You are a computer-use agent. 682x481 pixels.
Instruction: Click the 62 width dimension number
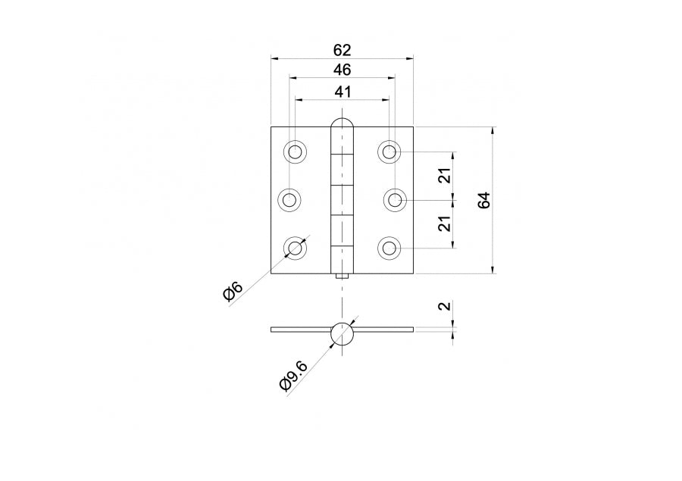coord(343,50)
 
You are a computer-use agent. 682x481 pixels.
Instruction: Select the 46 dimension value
coord(343,70)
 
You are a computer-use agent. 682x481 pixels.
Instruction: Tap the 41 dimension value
coord(343,92)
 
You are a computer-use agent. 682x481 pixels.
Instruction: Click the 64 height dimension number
coord(484,200)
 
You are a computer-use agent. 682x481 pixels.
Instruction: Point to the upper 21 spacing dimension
coord(445,176)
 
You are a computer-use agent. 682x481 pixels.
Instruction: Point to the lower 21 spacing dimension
coord(445,223)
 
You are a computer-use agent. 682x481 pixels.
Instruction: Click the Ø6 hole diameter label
coord(233,292)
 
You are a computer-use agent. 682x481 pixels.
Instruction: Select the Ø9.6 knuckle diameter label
coord(293,376)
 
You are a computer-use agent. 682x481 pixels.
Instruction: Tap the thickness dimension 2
coord(445,307)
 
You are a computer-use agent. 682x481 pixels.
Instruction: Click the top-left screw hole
coord(296,152)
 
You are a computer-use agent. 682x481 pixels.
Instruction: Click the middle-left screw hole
coord(289,200)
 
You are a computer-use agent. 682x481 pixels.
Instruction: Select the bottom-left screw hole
coord(296,248)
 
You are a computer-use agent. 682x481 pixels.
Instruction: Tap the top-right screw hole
coord(389,152)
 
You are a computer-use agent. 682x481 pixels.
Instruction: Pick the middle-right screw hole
coord(395,200)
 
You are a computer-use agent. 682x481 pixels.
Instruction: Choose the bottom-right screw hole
coord(389,248)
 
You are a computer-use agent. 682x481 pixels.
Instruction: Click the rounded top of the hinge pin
coord(343,125)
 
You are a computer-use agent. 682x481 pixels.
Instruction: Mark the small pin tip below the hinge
coord(343,277)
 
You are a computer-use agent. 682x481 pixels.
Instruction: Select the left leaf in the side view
coord(300,330)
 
